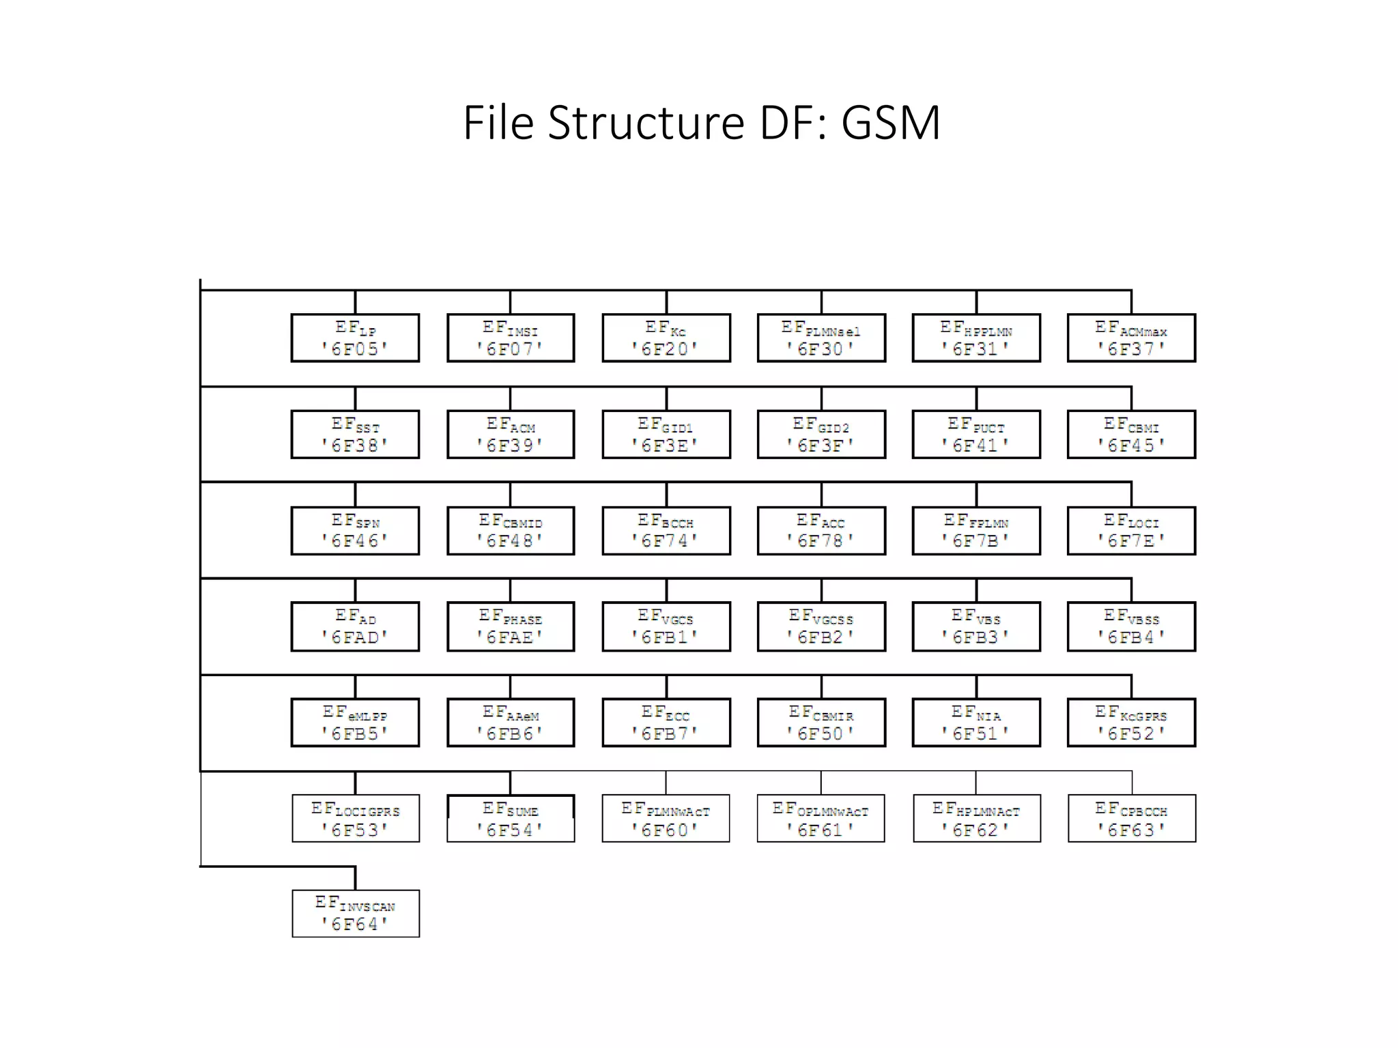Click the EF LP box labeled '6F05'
pos(355,338)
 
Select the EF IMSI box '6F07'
pos(511,338)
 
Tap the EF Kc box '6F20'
pos(666,338)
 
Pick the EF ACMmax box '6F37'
pos(1131,338)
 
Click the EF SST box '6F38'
pos(355,435)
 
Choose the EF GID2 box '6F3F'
pos(821,435)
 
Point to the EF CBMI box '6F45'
pos(1131,435)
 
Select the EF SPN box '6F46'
pos(355,531)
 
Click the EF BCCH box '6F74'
pos(666,531)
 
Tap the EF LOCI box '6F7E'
pos(1131,531)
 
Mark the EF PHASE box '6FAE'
pos(511,627)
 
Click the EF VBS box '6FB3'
pos(976,627)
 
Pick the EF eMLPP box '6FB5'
pos(355,723)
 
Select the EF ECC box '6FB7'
pos(666,723)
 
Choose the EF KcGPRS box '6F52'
pos(1131,723)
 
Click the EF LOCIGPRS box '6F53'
pos(355,819)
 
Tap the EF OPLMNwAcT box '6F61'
pos(821,819)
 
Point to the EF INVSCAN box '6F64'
pos(355,914)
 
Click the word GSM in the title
pos(890,123)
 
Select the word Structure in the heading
pos(646,123)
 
